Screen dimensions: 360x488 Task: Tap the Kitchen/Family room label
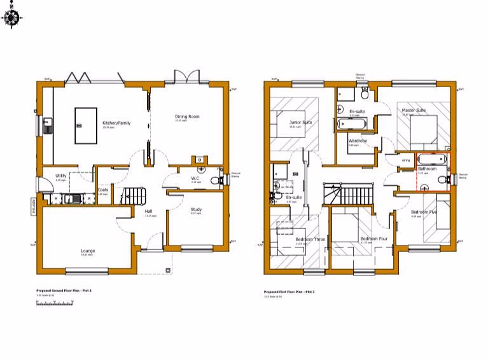click(x=116, y=123)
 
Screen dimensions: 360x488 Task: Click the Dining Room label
click(x=187, y=116)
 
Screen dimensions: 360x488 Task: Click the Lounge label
click(x=88, y=251)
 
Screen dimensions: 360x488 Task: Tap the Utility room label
click(x=61, y=176)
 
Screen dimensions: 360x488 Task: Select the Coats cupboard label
click(x=103, y=190)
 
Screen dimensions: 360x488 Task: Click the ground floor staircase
click(x=134, y=194)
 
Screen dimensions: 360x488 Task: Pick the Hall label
click(x=148, y=212)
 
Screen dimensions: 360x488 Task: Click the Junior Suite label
click(x=300, y=122)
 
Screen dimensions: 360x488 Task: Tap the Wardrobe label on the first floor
click(x=357, y=141)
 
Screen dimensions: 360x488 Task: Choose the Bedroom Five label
click(x=423, y=212)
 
